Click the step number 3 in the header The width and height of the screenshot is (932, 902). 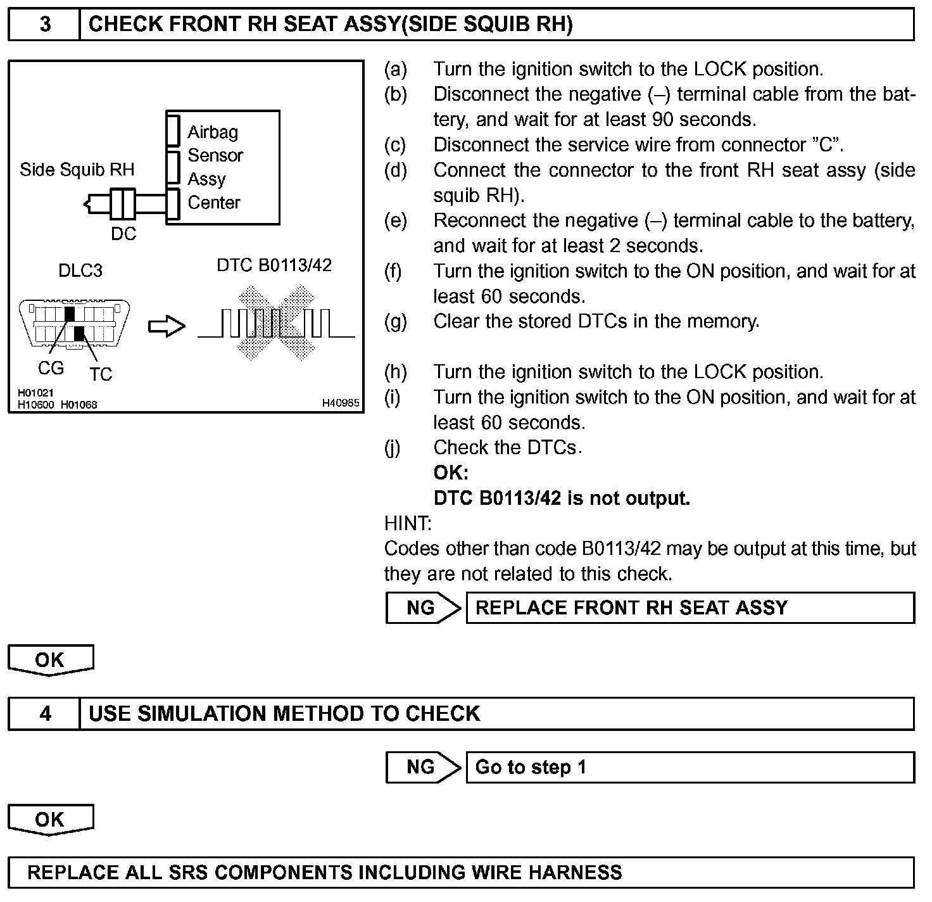45,24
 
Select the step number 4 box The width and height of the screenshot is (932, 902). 45,714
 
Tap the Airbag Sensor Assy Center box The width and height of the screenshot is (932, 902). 223,167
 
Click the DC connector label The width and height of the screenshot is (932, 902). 123,234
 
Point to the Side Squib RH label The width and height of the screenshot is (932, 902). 77,170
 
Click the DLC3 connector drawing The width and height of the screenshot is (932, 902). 76,323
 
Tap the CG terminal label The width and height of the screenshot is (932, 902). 51,368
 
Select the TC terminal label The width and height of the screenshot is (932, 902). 101,374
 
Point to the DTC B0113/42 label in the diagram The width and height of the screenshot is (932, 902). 274,265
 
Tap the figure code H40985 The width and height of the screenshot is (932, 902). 341,403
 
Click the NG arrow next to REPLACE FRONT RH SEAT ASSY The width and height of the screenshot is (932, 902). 423,608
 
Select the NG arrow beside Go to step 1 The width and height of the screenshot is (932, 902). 423,768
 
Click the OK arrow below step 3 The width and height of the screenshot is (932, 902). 50,660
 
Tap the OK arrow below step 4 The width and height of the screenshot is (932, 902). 50,820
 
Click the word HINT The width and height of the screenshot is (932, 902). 408,524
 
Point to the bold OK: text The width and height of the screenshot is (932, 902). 451,473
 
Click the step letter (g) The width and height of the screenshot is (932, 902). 396,322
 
